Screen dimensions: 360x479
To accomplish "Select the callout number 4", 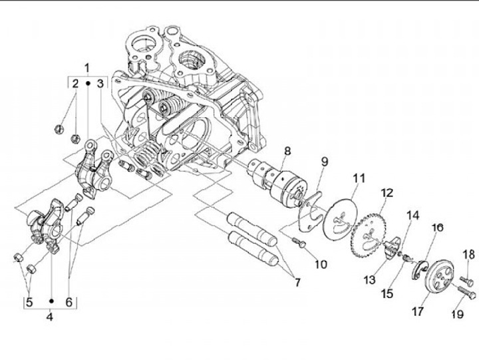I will click(50, 317).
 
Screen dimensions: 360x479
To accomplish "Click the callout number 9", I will click(325, 162).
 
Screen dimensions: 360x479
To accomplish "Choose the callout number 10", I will click(320, 264).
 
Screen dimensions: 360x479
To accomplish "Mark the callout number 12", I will click(387, 193).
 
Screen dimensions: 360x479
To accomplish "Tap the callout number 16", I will click(437, 228).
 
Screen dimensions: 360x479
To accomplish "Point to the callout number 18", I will click(468, 254).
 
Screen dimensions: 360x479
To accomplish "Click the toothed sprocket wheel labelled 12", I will click(373, 230).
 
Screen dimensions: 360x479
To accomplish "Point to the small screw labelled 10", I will click(300, 246).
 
